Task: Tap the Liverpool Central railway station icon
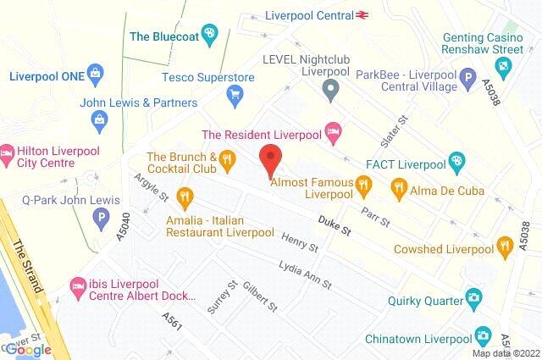coord(363,14)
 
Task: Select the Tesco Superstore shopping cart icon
coord(235,96)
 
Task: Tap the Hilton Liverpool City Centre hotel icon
coord(8,152)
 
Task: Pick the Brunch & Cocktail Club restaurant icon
coord(226,158)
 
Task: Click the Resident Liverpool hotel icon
coord(334,131)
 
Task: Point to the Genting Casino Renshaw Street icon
coord(505,64)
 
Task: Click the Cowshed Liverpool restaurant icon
coord(506,248)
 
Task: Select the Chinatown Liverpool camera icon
coord(482,336)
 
